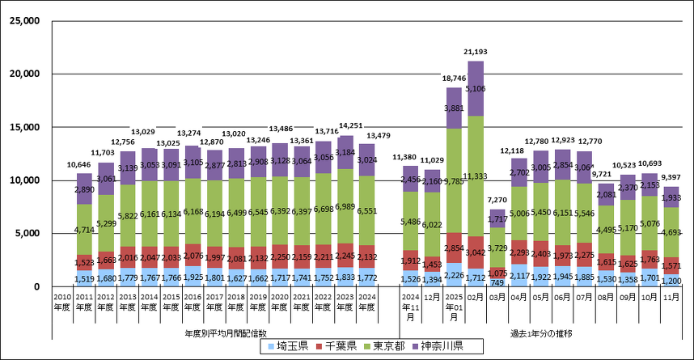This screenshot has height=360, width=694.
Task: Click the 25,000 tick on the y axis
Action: [24, 21]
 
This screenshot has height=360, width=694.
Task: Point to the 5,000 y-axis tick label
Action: [28, 234]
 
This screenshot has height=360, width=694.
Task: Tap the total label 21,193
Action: [476, 53]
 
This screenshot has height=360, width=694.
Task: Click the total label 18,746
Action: [454, 79]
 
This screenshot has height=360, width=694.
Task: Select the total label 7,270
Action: [497, 201]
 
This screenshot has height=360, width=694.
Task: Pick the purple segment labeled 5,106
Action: [476, 88]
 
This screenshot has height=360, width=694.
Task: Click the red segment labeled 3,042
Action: [476, 252]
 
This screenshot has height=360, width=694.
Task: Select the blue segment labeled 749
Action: [497, 282]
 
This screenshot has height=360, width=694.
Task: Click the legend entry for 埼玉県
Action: [286, 347]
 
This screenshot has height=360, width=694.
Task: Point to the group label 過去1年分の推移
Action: [541, 332]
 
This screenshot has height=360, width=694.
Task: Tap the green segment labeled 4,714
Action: [84, 229]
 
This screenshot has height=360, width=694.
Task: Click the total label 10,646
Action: [84, 165]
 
